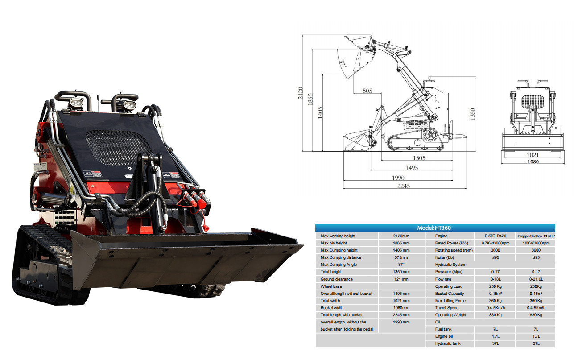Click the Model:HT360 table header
(435, 228)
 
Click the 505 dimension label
(367, 91)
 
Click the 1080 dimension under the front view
(533, 162)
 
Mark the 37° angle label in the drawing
(343, 63)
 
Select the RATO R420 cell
(495, 236)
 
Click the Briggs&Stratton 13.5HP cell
(536, 236)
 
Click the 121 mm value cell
(401, 279)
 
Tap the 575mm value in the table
(401, 257)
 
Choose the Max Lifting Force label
(450, 301)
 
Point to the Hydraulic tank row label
(448, 343)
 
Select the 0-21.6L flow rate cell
(536, 279)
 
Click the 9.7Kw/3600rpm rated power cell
(495, 243)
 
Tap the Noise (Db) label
(446, 257)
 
